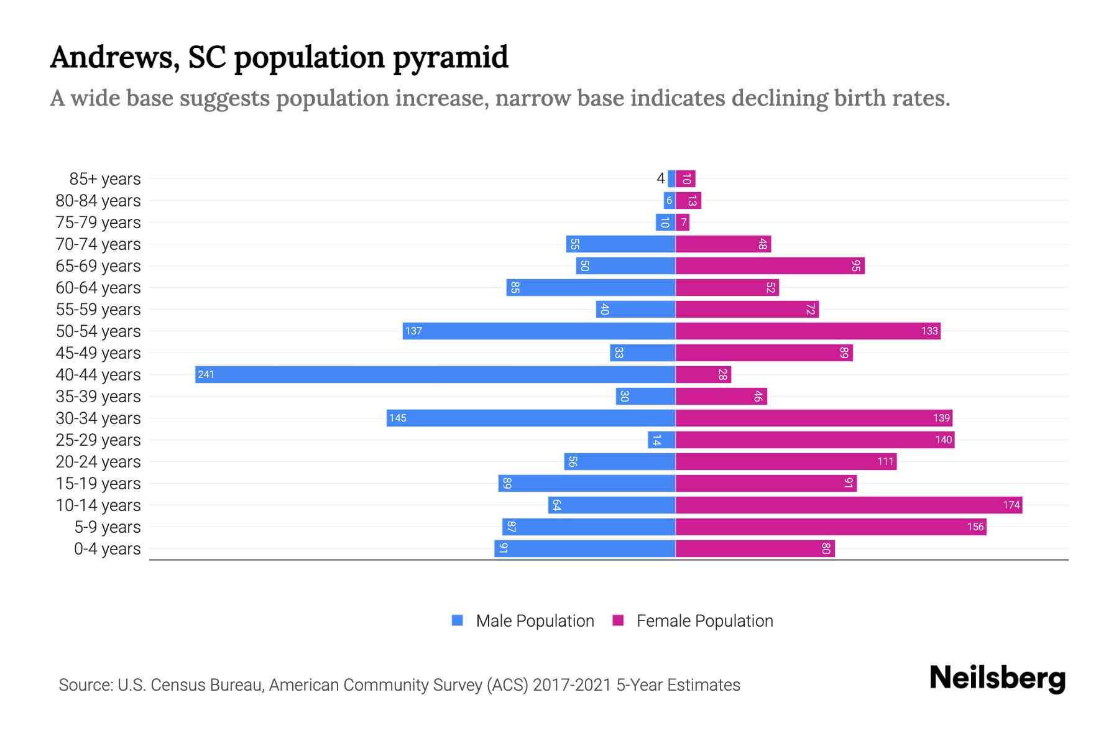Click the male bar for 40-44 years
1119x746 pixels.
pos(435,374)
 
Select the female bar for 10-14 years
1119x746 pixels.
pos(849,505)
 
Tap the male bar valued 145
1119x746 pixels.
pos(531,418)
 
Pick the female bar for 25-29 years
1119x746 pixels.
pos(814,440)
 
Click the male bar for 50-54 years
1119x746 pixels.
pos(539,331)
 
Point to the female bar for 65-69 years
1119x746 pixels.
pos(770,265)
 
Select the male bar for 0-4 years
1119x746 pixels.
pos(585,548)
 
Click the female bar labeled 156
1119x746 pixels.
pos(831,527)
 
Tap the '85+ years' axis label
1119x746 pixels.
pos(105,179)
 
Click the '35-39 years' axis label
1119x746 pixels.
pos(98,397)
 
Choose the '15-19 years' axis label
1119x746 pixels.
pos(98,484)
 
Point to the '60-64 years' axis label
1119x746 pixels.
pos(98,288)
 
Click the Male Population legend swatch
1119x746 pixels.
pos(458,620)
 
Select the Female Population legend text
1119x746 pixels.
pos(704,620)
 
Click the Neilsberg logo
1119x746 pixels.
pos(997,678)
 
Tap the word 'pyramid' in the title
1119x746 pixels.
pos(451,57)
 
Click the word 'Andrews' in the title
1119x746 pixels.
pos(114,57)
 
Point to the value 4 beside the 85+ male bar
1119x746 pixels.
pos(660,179)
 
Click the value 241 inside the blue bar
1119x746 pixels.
pos(206,374)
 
